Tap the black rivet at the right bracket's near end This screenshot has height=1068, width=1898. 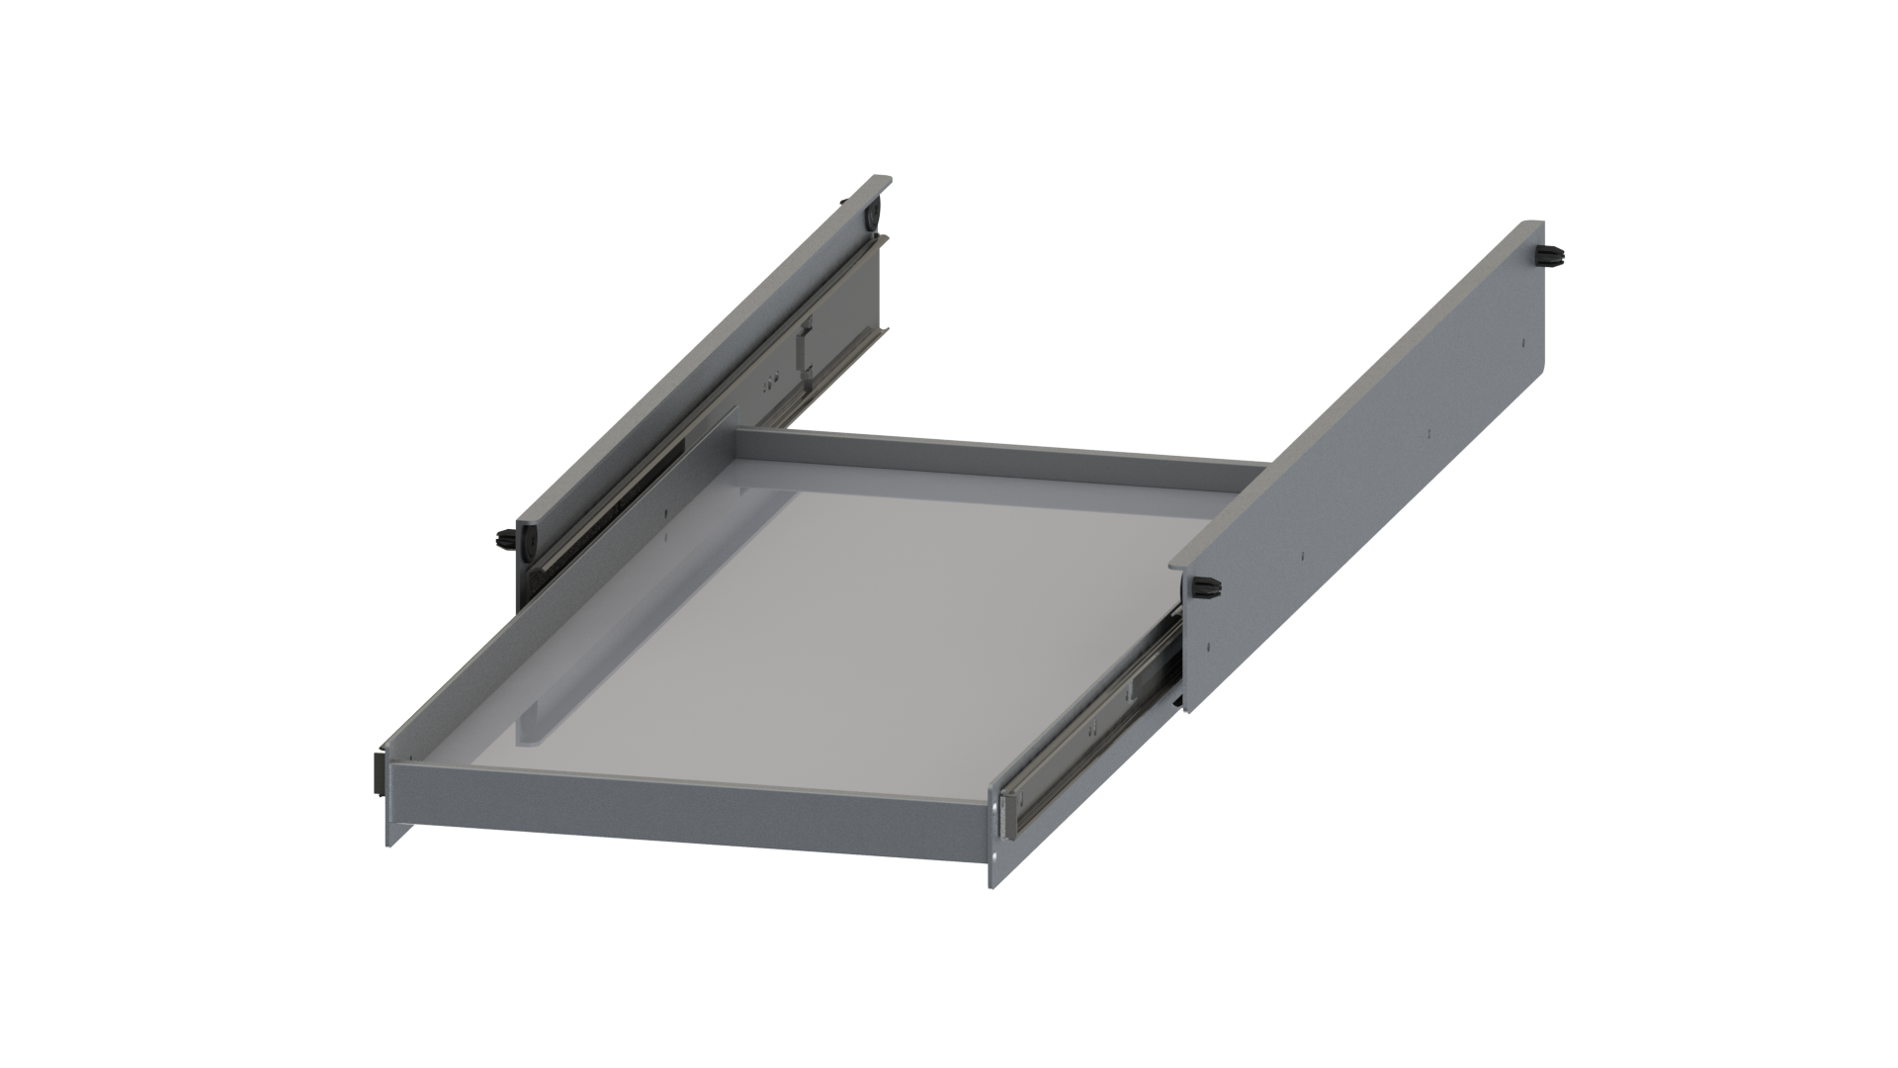(x=1207, y=588)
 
